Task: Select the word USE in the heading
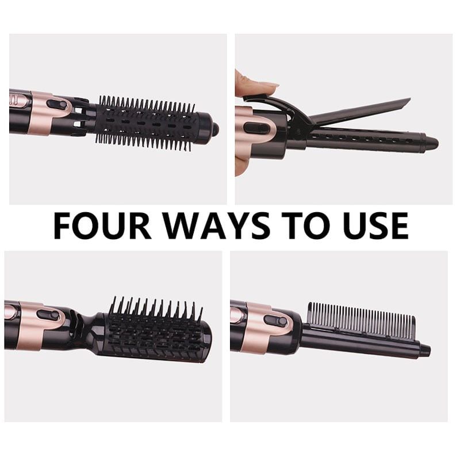(x=377, y=225)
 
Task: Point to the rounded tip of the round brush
(x=215, y=128)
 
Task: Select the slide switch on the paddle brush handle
(x=49, y=316)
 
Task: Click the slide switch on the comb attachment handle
(x=275, y=320)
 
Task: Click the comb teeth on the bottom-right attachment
(x=361, y=320)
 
